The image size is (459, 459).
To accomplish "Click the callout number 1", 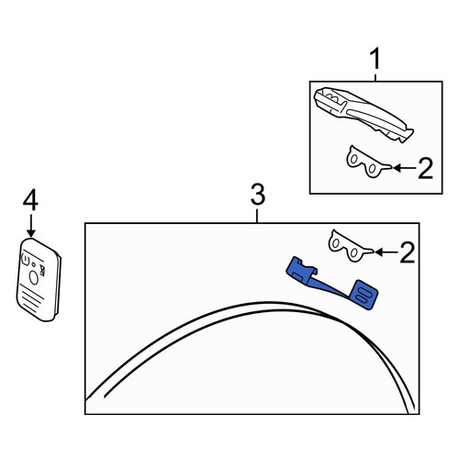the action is pos(375,60).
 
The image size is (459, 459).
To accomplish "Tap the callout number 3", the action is pos(258,195).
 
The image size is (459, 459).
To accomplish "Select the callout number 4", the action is pos(30,200).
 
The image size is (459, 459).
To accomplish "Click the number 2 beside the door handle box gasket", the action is pos(425,168).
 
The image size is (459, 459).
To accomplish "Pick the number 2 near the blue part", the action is pos(408,252).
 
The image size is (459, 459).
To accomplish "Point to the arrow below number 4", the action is pos(31,226).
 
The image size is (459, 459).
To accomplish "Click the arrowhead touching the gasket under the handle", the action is pos(397,168).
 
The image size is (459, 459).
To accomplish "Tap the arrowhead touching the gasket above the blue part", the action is pos(379,252).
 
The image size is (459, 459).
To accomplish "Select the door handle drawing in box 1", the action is pos(364,113).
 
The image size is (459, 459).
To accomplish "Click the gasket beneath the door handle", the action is pos(367,162).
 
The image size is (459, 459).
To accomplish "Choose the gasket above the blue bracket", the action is pos(349,246).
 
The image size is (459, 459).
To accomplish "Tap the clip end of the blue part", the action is pos(301,271).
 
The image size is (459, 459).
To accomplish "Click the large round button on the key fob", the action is pos(34,278).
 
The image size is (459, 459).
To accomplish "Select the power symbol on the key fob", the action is pos(25,261).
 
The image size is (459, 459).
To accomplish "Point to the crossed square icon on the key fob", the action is pos(42,271).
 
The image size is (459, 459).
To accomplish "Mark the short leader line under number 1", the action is pos(375,76).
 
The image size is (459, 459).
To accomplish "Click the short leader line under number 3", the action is pos(257,216).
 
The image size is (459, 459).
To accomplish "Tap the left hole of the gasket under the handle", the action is pos(353,159).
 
